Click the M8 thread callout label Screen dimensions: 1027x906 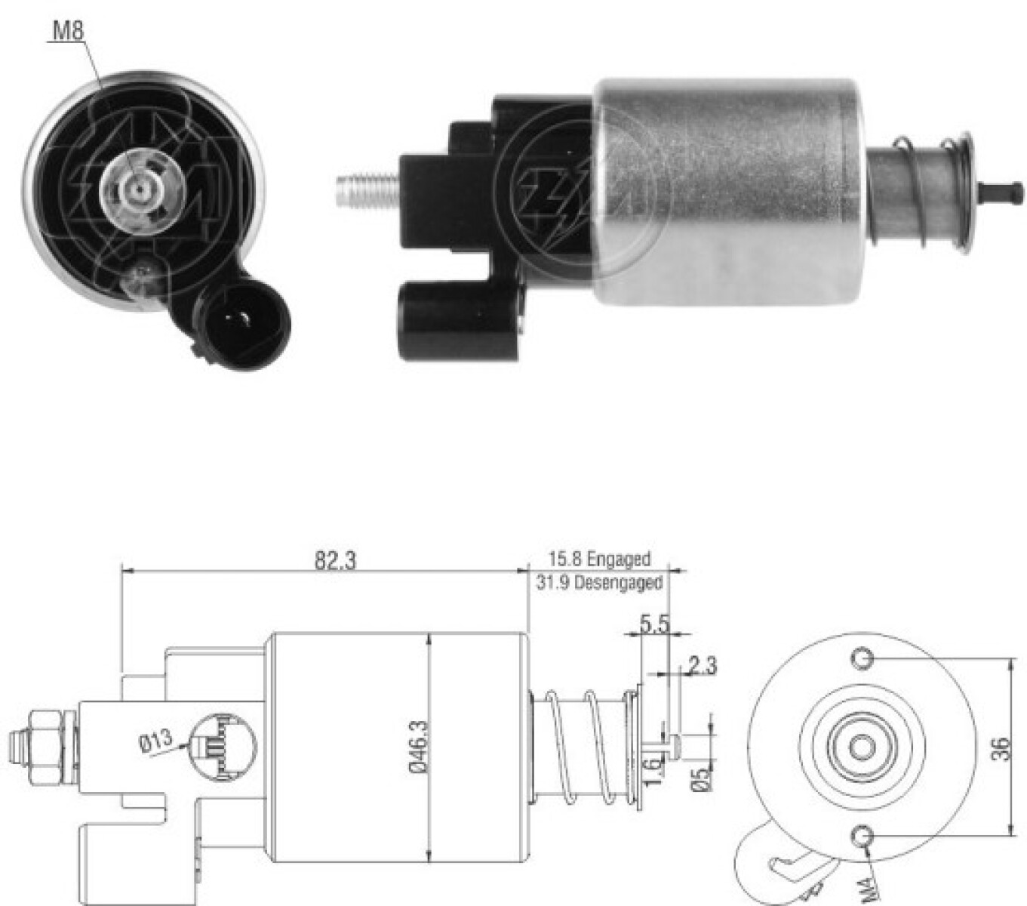click(67, 32)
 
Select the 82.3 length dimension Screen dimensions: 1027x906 click(335, 560)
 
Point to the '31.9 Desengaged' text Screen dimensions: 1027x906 click(599, 582)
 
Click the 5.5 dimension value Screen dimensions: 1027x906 click(654, 624)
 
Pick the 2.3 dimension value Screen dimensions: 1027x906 click(702, 666)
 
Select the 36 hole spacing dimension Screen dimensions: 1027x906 click(1001, 748)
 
